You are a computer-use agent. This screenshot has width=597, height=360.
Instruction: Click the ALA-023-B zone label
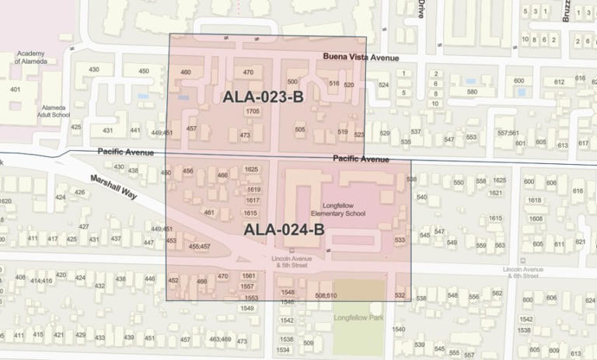262,97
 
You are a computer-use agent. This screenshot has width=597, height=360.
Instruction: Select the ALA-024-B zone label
283,229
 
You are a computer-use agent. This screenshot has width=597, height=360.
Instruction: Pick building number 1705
252,112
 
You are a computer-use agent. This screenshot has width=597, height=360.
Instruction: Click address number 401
15,89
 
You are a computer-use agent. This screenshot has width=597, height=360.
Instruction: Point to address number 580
472,92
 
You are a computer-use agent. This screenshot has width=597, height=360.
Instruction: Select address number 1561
250,276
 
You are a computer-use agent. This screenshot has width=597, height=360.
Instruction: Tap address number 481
208,212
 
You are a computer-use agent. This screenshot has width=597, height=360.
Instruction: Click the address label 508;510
326,295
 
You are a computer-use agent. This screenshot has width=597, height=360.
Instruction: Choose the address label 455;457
199,246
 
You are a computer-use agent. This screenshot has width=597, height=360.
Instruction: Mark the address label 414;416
40,280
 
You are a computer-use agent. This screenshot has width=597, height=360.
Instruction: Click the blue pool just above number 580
470,80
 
